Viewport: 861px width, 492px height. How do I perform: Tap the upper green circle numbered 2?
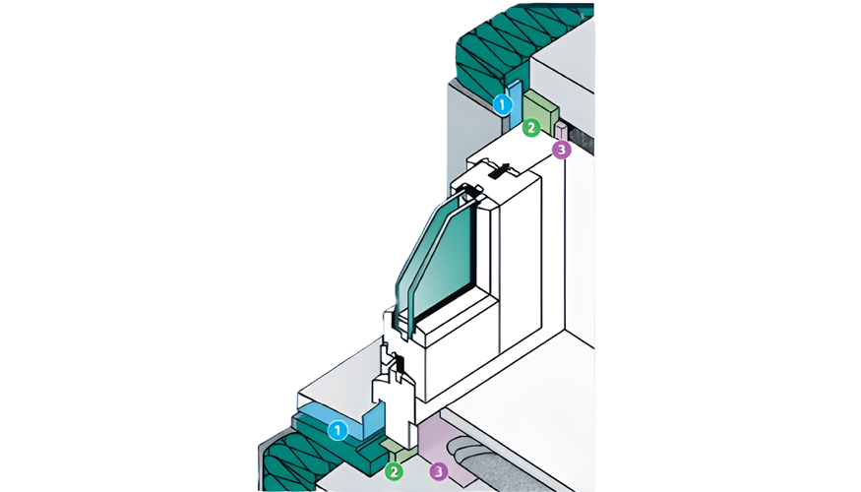531,127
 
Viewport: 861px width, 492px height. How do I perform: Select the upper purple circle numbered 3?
561,150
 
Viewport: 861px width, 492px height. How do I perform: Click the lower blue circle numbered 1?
337,430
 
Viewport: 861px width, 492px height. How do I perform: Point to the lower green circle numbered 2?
394,471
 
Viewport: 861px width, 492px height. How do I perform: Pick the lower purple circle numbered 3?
439,471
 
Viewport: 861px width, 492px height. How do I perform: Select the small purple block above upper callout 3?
562,131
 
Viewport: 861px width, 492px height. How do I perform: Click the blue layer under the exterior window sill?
330,412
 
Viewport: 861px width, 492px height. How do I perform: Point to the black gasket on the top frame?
501,172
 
